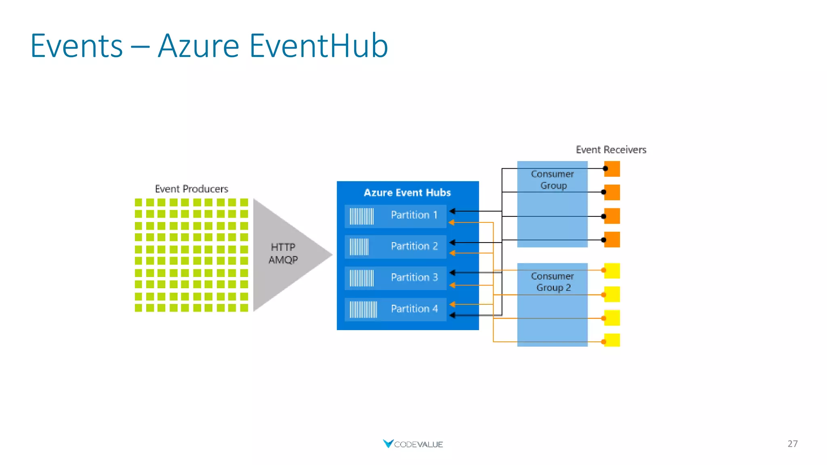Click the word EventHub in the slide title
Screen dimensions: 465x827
(x=319, y=46)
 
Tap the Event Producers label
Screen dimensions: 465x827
(x=191, y=189)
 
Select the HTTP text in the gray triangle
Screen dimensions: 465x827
(x=283, y=247)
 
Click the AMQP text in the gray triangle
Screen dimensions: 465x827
(x=283, y=260)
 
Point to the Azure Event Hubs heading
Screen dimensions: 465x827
(x=407, y=193)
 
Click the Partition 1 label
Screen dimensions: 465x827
(x=414, y=215)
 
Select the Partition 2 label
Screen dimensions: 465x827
(x=414, y=246)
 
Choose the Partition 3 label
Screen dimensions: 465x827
(x=414, y=277)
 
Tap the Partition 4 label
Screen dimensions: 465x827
(x=414, y=309)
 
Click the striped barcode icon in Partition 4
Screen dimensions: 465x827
(x=363, y=310)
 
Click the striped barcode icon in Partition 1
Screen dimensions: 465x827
(x=361, y=216)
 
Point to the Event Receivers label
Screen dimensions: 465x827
(x=611, y=150)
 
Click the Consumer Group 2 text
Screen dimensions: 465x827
(x=552, y=282)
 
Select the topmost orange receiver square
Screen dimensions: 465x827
(x=613, y=169)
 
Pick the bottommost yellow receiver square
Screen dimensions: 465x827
(x=613, y=340)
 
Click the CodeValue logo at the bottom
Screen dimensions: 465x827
(x=413, y=444)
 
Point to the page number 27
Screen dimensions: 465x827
(x=792, y=444)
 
